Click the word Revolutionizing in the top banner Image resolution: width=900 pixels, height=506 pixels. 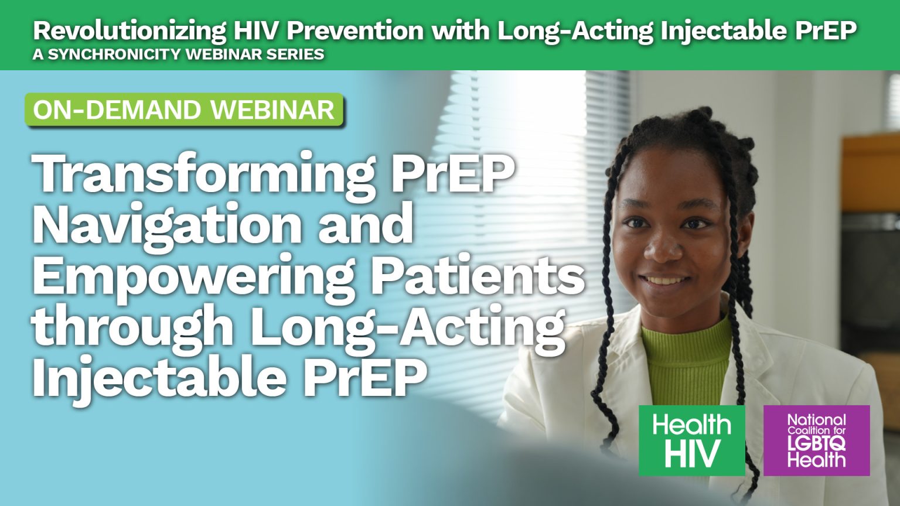coord(129,30)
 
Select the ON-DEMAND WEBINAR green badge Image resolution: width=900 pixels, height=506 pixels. coord(183,110)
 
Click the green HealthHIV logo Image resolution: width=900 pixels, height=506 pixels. coord(691,440)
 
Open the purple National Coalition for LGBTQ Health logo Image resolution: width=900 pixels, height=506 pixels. coord(816,440)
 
